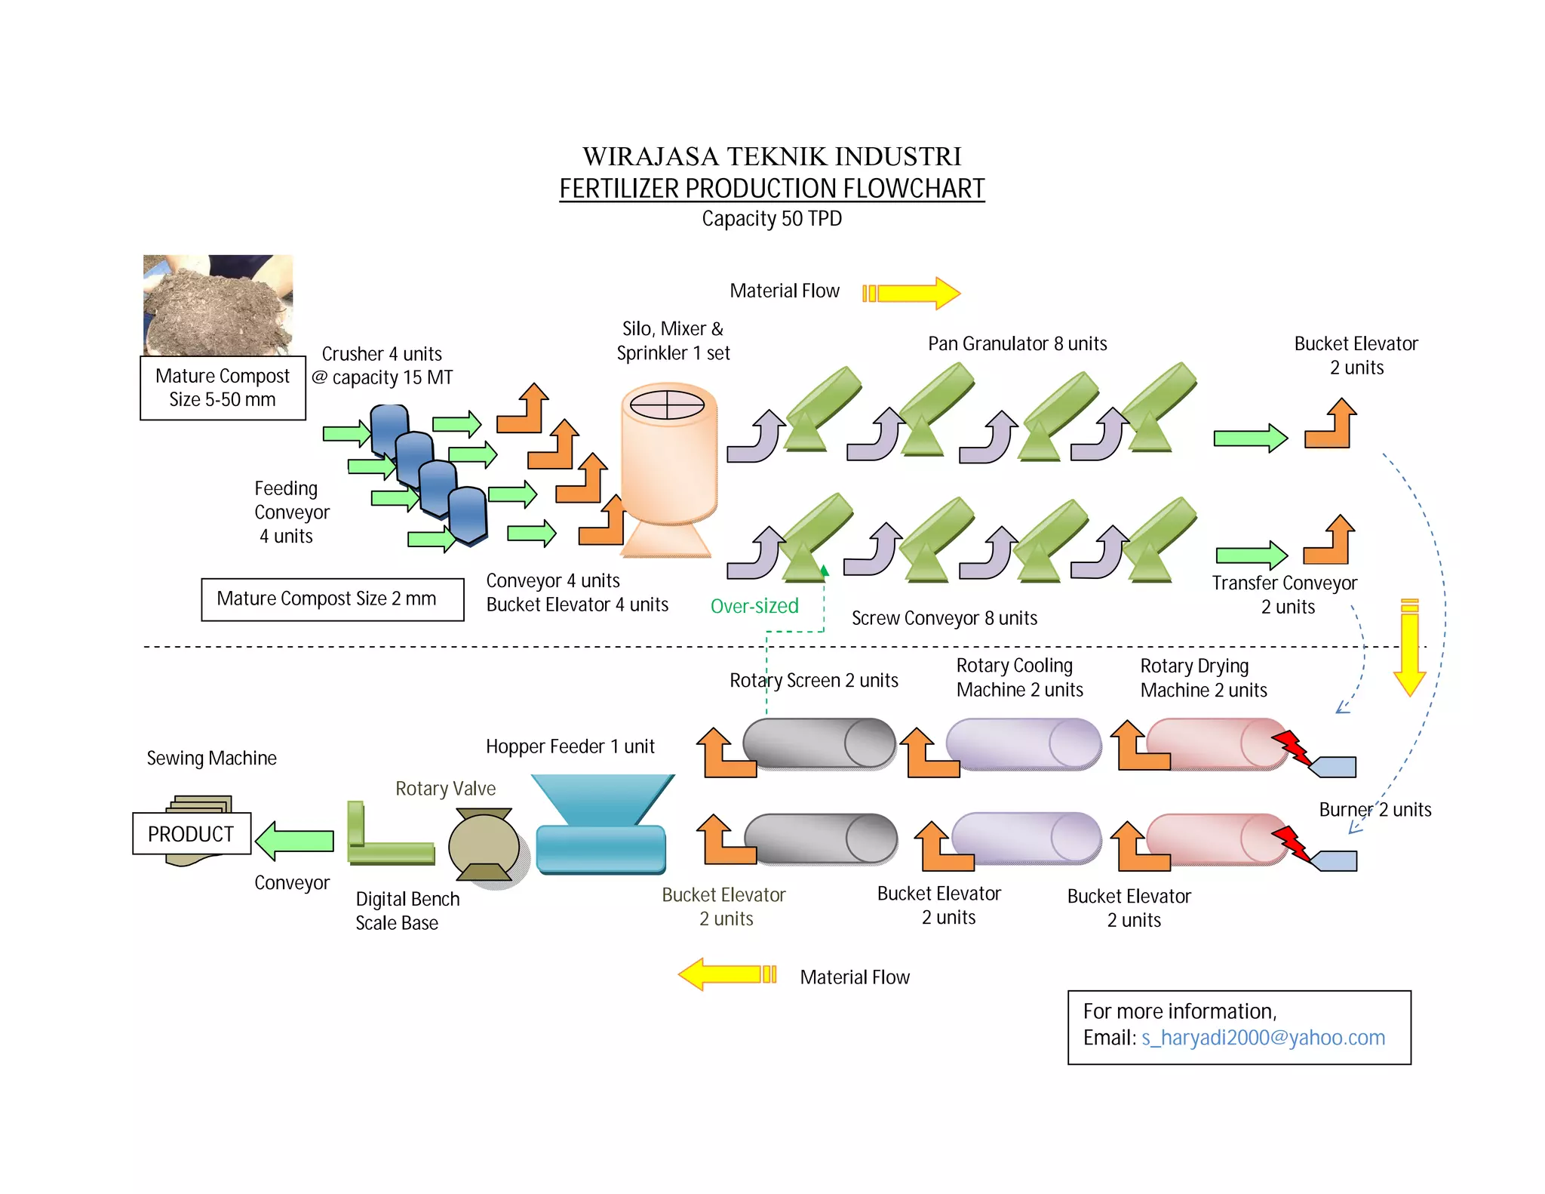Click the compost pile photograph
tap(218, 304)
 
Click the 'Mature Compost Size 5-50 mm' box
tap(223, 388)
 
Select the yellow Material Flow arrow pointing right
tap(911, 293)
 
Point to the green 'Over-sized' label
tap(754, 606)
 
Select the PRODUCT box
tap(192, 833)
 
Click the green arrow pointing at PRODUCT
tap(295, 840)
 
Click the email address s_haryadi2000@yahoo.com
tap(1263, 1038)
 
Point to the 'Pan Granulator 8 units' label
tap(1017, 344)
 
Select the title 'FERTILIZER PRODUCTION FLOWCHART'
tap(772, 189)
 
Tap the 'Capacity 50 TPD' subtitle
tap(772, 219)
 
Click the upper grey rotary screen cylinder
tap(819, 743)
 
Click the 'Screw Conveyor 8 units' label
tap(944, 618)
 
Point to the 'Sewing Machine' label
tap(211, 758)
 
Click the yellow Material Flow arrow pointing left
tap(727, 974)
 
